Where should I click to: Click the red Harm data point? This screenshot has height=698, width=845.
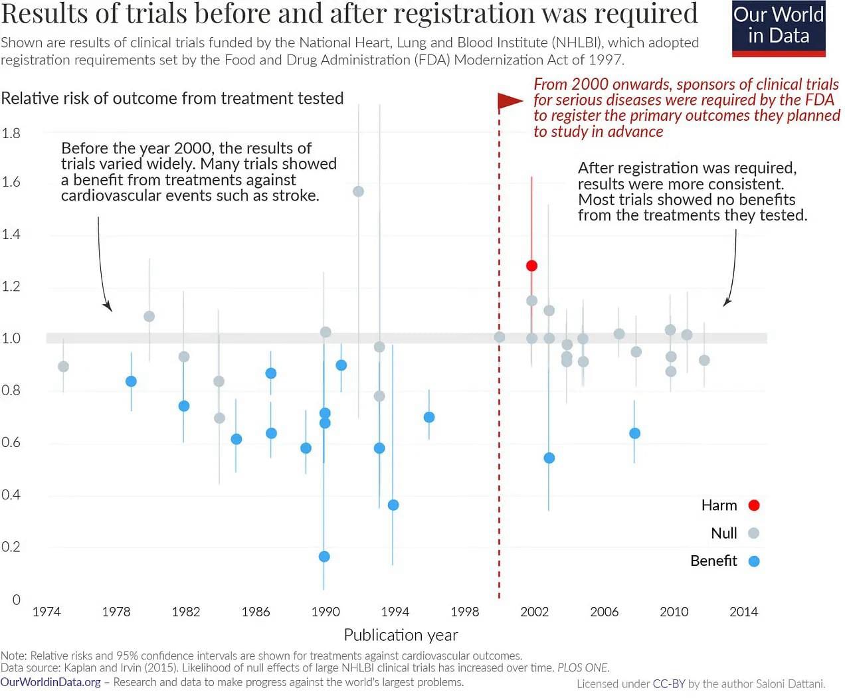point(531,266)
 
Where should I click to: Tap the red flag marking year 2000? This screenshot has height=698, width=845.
point(510,101)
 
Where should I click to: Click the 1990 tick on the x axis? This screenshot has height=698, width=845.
point(325,612)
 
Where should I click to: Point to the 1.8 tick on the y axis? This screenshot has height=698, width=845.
point(11,133)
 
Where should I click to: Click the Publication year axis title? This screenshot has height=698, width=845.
point(401,636)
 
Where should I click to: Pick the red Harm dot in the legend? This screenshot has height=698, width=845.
point(754,505)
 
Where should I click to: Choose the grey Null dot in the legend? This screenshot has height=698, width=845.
point(753,533)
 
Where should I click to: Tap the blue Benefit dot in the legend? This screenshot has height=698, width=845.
point(754,561)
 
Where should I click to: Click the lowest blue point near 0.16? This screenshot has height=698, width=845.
point(324,557)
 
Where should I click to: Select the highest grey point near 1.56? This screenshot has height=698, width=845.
point(359,191)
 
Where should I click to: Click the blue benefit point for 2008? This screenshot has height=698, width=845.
point(634,433)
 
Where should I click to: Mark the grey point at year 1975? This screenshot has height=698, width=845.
point(63,367)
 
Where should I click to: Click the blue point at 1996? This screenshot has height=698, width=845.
point(429,417)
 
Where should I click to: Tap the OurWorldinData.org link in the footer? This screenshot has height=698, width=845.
point(50,683)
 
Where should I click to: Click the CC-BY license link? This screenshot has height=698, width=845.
point(668,684)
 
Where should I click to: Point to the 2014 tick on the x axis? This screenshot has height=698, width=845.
point(743,612)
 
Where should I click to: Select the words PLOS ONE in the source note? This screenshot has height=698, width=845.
point(583,668)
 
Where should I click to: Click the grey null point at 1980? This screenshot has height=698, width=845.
point(149,316)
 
